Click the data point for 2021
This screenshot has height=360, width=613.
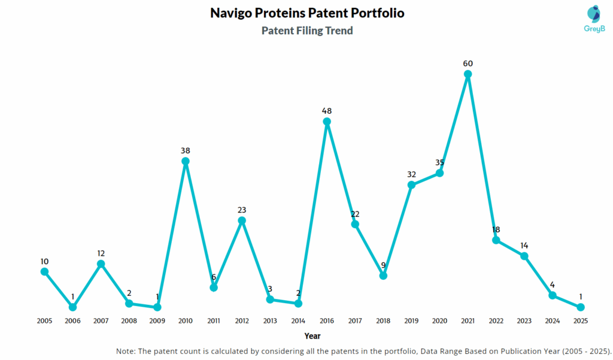(468, 74)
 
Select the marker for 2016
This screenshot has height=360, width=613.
(327, 122)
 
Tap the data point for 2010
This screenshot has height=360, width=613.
(186, 161)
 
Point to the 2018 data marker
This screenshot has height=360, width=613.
(383, 276)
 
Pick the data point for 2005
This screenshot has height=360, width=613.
(44, 271)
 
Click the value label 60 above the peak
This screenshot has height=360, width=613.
(468, 63)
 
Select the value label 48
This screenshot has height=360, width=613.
(327, 111)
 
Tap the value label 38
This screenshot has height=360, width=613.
(186, 150)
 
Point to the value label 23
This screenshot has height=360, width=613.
(242, 210)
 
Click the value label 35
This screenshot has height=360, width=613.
(439, 162)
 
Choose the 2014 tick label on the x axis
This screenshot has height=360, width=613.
(298, 321)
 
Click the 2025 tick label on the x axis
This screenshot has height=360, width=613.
(580, 321)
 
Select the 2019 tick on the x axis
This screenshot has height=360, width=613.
(411, 321)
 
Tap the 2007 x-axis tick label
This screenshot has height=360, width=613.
(101, 321)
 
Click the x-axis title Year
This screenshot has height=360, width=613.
(312, 336)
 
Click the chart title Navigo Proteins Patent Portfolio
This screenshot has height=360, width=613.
(307, 13)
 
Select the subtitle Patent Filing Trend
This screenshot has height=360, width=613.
(307, 31)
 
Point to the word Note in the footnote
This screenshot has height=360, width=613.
(126, 350)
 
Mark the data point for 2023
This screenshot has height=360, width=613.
(524, 256)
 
